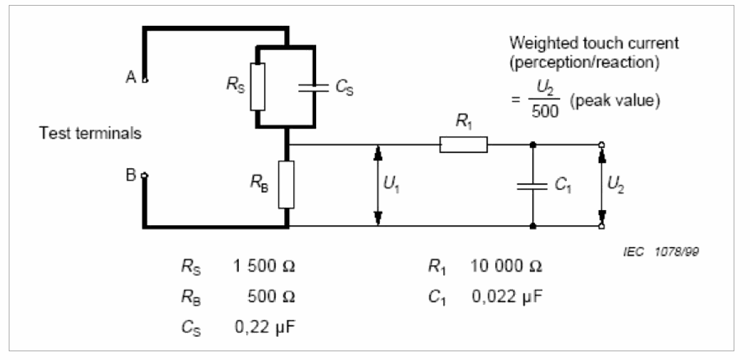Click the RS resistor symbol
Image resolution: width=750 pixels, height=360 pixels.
pos(257,86)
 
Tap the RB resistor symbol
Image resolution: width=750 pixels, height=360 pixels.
pos(287,184)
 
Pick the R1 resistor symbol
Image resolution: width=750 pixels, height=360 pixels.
pos(463,146)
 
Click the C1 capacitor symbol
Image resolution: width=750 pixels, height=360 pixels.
pos(532,185)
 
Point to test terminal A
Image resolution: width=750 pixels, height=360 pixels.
pos(145,80)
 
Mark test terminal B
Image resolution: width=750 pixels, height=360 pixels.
pos(145,176)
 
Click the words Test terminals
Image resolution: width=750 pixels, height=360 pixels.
pos(90,134)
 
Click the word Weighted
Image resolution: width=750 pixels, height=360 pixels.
pos(537,44)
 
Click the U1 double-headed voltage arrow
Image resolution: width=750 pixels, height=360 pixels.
pos(378,185)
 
